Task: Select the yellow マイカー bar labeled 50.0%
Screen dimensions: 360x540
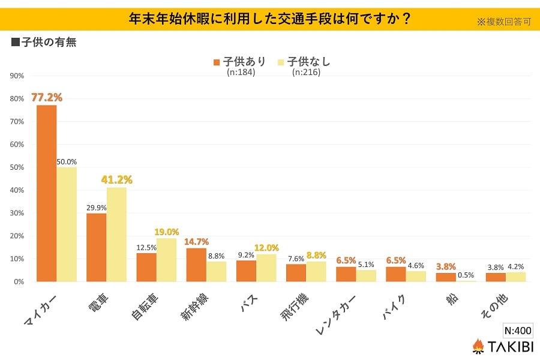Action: click(67, 224)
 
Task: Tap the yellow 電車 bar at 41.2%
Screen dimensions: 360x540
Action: click(116, 234)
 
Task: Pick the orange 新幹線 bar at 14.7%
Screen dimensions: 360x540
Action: click(196, 265)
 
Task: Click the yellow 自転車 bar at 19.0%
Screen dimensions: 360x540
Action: click(166, 260)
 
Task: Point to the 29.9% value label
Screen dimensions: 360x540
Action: click(96, 207)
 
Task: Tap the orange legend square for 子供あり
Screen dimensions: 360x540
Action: click(217, 62)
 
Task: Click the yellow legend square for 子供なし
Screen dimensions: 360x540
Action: click(280, 62)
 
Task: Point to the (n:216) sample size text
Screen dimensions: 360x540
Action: click(306, 73)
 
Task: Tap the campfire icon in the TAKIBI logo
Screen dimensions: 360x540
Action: click(478, 346)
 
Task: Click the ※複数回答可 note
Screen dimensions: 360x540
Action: click(504, 22)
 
